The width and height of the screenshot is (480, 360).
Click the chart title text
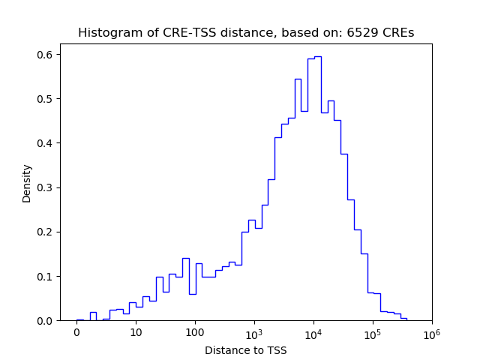point(246,33)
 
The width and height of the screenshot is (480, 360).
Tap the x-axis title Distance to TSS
point(246,349)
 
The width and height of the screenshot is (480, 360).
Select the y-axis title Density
point(27,183)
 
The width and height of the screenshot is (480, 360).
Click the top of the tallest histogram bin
point(318,56)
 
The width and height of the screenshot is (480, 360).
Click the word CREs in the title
point(399,33)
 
